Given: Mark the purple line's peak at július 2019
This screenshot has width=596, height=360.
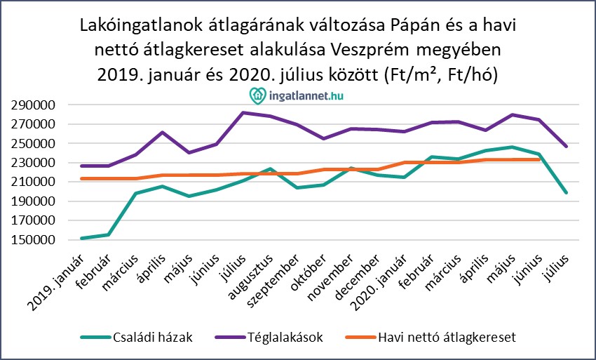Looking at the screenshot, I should point(243,112).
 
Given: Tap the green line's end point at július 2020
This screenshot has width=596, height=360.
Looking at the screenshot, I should point(565,192).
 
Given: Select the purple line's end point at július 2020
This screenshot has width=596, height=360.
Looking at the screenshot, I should point(565,146).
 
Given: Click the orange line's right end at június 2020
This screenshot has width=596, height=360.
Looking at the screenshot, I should point(539,160).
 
